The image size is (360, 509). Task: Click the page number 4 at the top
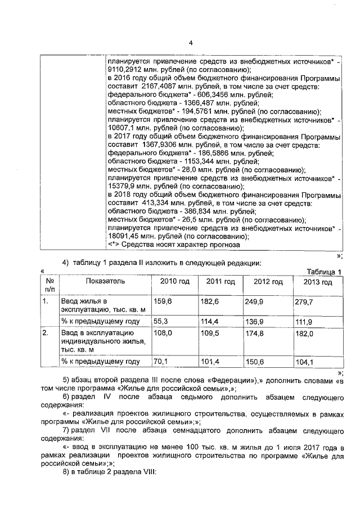190,43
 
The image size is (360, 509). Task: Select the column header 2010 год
175,281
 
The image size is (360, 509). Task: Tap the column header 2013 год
318,282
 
